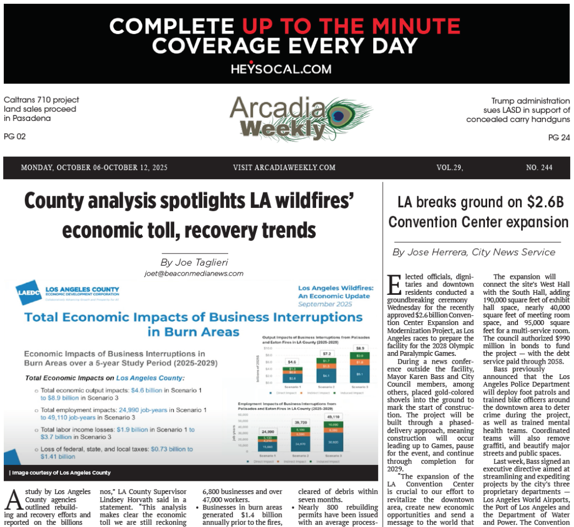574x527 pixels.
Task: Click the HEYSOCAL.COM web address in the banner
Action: pos(281,69)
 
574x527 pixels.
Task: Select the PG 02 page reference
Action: pos(14,136)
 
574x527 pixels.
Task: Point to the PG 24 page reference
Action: pos(559,138)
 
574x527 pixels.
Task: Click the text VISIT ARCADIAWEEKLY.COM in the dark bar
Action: pos(284,168)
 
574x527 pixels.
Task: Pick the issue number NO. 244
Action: pos(539,168)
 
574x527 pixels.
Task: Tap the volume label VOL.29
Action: pos(449,168)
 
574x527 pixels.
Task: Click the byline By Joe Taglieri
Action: pos(195,262)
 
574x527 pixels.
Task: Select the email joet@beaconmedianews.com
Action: pos(194,273)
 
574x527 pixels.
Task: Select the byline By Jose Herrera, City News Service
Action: pos(474,252)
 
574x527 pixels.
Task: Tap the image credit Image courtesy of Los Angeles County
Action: pos(60,473)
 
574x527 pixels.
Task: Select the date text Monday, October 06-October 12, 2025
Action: pos(94,168)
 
